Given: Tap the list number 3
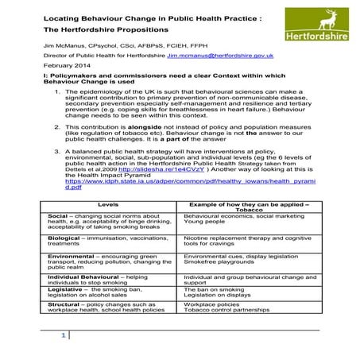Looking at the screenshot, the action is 58,149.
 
